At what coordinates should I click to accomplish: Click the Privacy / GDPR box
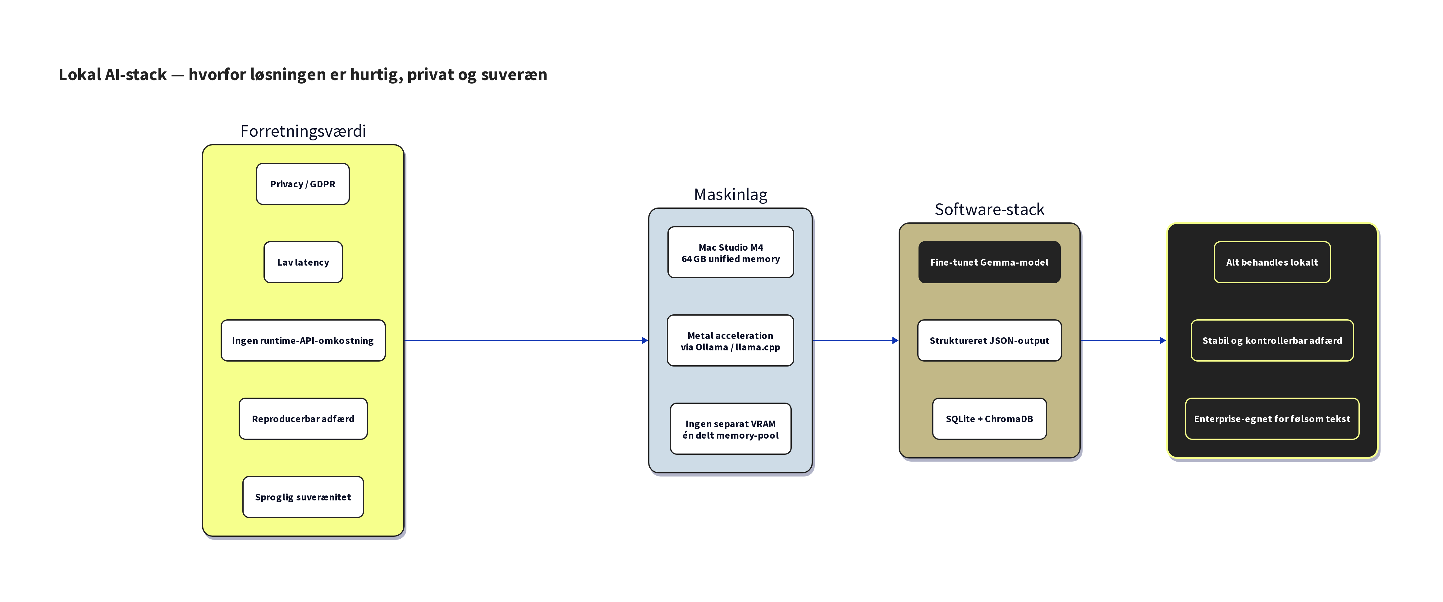(x=303, y=184)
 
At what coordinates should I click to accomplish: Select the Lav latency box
(x=303, y=262)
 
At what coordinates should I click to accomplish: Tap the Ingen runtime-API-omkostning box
(x=303, y=340)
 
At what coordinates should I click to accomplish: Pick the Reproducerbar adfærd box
(x=303, y=419)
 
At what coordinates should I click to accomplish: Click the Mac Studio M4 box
(x=731, y=253)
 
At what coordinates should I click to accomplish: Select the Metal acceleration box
(x=731, y=340)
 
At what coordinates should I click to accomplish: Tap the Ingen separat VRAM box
(x=731, y=429)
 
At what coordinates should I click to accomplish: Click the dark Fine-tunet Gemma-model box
(x=989, y=262)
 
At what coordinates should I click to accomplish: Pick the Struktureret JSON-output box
(x=989, y=340)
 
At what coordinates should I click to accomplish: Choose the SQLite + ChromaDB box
(x=989, y=419)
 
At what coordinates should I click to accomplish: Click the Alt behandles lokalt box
(x=1271, y=262)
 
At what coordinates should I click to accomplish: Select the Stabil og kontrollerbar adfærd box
(x=1271, y=340)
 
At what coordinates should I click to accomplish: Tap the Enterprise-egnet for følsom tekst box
(x=1271, y=419)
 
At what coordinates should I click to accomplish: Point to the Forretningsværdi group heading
(x=303, y=131)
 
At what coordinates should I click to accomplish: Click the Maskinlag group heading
(x=731, y=194)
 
